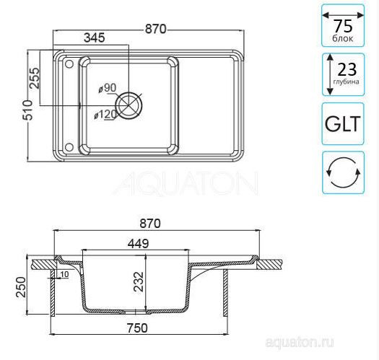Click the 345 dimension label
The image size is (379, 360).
point(95,38)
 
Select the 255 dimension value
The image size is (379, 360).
point(34,78)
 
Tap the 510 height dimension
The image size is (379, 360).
point(27,110)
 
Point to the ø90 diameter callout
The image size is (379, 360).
point(108,88)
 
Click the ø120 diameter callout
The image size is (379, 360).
point(105,114)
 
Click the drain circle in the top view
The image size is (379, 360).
point(128,105)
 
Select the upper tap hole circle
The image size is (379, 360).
point(69,63)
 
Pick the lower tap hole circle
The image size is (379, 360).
point(69,147)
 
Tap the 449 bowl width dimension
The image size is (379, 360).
point(139,244)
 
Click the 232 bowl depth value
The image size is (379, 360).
point(139,281)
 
